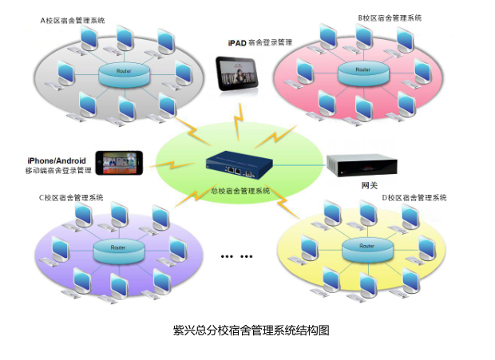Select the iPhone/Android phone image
pos(121,163)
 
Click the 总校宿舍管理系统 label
pos(240,191)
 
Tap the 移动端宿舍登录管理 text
pos(58,171)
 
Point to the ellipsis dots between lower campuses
pos(236,257)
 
